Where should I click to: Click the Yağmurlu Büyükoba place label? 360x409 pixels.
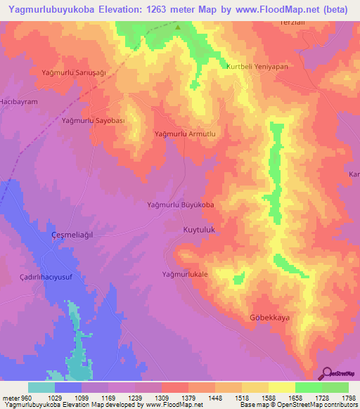click(180, 205)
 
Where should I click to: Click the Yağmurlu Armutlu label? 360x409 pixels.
click(188, 133)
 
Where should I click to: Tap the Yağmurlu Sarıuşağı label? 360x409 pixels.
click(74, 73)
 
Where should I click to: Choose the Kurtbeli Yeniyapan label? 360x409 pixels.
click(257, 67)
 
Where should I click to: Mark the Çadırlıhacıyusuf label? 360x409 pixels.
click(48, 278)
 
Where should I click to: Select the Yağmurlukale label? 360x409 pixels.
click(186, 274)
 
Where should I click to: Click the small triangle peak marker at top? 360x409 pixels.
click(178, 28)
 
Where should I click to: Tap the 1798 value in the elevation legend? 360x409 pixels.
click(348, 398)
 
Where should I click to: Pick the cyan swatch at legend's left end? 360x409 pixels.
click(41, 387)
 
